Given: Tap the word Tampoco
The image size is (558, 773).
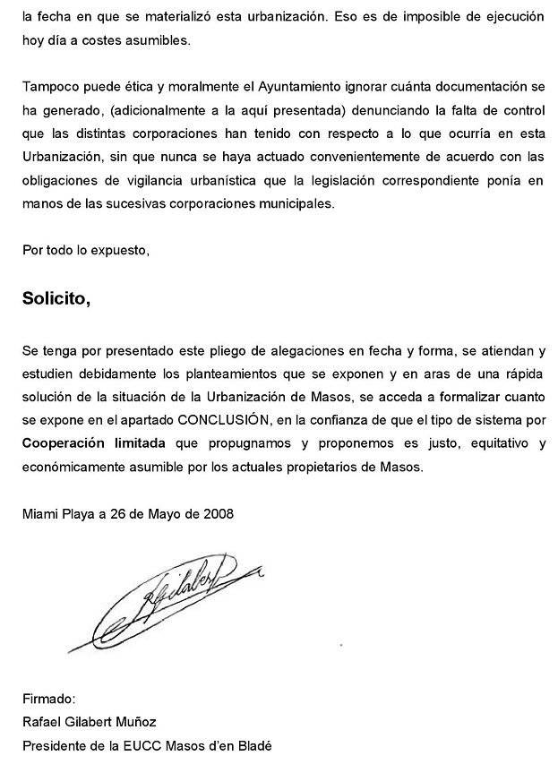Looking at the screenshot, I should (x=49, y=88).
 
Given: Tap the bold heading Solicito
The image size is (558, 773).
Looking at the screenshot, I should (x=56, y=298).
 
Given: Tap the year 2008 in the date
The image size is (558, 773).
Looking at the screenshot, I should (x=218, y=514).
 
